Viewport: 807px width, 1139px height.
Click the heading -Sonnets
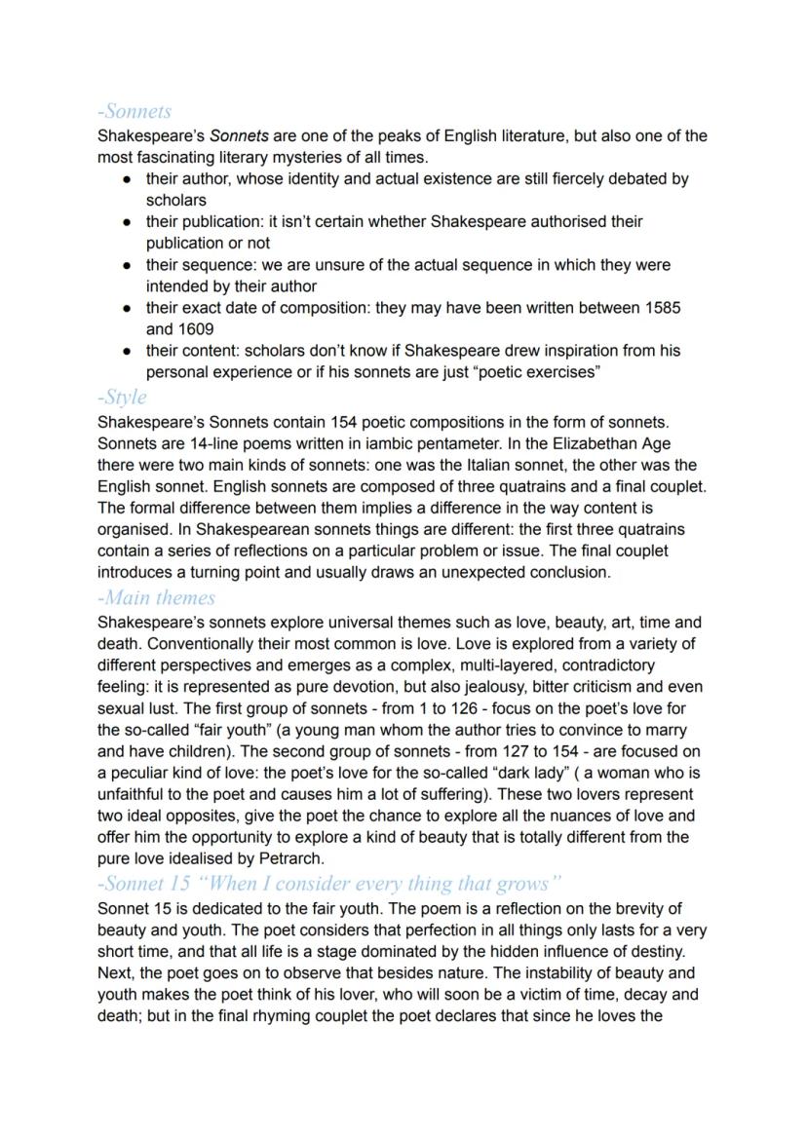(134, 112)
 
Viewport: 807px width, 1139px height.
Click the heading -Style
(123, 398)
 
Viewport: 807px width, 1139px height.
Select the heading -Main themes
(157, 597)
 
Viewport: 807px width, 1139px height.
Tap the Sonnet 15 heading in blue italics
(330, 884)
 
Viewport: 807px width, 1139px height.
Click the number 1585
(663, 308)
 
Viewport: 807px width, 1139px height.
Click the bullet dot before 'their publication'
(127, 222)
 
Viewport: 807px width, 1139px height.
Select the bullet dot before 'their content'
(127, 351)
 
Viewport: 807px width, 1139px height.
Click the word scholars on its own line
(175, 201)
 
